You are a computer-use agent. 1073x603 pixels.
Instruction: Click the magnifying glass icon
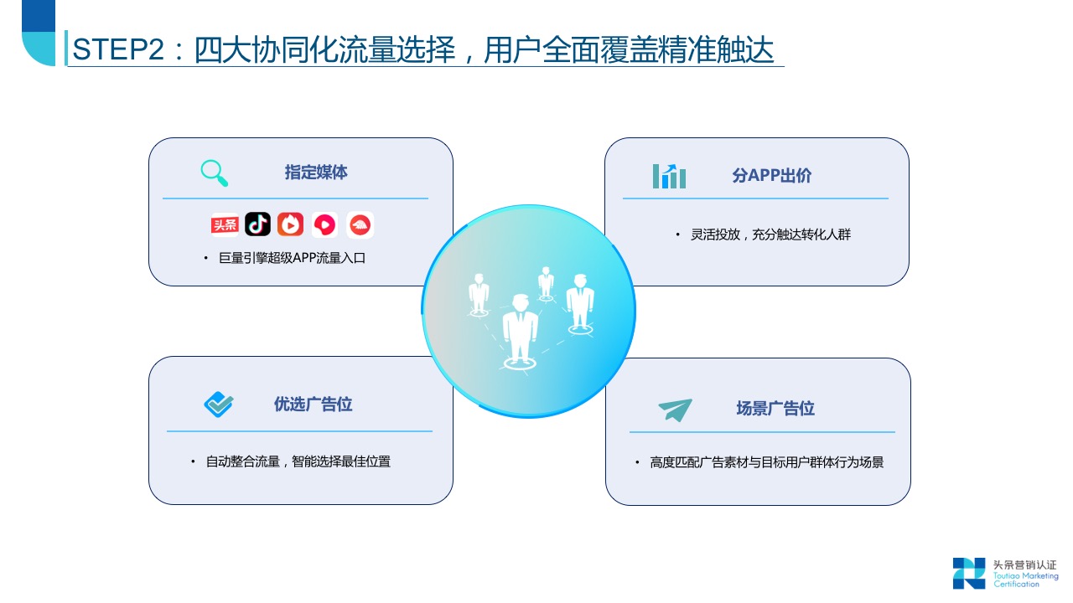215,173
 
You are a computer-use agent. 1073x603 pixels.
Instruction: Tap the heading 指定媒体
316,173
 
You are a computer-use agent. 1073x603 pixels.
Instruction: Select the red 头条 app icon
225,224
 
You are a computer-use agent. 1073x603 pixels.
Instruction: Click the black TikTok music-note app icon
258,224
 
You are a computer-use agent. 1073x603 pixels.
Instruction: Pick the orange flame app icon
291,224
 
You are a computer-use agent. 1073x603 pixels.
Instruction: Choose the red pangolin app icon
360,224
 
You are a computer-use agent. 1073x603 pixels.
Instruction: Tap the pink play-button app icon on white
325,224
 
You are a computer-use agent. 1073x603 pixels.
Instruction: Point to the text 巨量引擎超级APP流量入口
292,258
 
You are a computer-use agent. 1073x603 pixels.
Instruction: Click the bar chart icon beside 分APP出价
669,176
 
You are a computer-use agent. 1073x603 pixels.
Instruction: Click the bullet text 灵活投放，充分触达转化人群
770,234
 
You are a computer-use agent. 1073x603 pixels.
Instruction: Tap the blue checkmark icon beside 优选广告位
219,405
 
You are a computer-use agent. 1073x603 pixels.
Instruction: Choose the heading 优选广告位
313,405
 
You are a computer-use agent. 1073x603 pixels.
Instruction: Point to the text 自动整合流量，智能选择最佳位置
298,461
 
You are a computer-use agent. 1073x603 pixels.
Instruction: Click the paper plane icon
675,410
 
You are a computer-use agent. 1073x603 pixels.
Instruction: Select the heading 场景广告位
775,409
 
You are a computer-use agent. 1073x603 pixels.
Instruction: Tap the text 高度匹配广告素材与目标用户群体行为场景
766,462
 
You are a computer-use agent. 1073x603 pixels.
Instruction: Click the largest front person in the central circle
520,328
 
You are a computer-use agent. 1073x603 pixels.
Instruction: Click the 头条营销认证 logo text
1024,565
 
